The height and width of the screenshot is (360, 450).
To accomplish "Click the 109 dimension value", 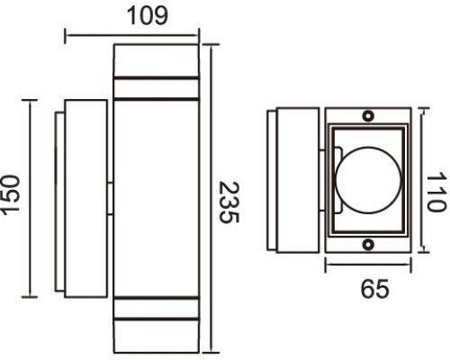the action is tap(148, 15).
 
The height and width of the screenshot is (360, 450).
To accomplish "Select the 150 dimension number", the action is tap(11, 195).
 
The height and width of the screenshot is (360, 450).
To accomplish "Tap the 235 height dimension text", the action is tap(229, 202).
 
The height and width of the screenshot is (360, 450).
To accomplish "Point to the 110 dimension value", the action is tap(436, 192).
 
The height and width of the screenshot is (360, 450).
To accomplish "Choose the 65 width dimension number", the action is tap(374, 289).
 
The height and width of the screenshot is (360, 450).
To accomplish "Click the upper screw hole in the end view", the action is tap(368, 115).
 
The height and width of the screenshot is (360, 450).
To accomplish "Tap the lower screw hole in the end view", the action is tap(368, 244).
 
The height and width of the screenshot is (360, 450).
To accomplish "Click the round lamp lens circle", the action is tap(368, 180).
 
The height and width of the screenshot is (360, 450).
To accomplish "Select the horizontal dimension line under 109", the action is tap(131, 36).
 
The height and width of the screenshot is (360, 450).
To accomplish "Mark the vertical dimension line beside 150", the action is tap(30, 198).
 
